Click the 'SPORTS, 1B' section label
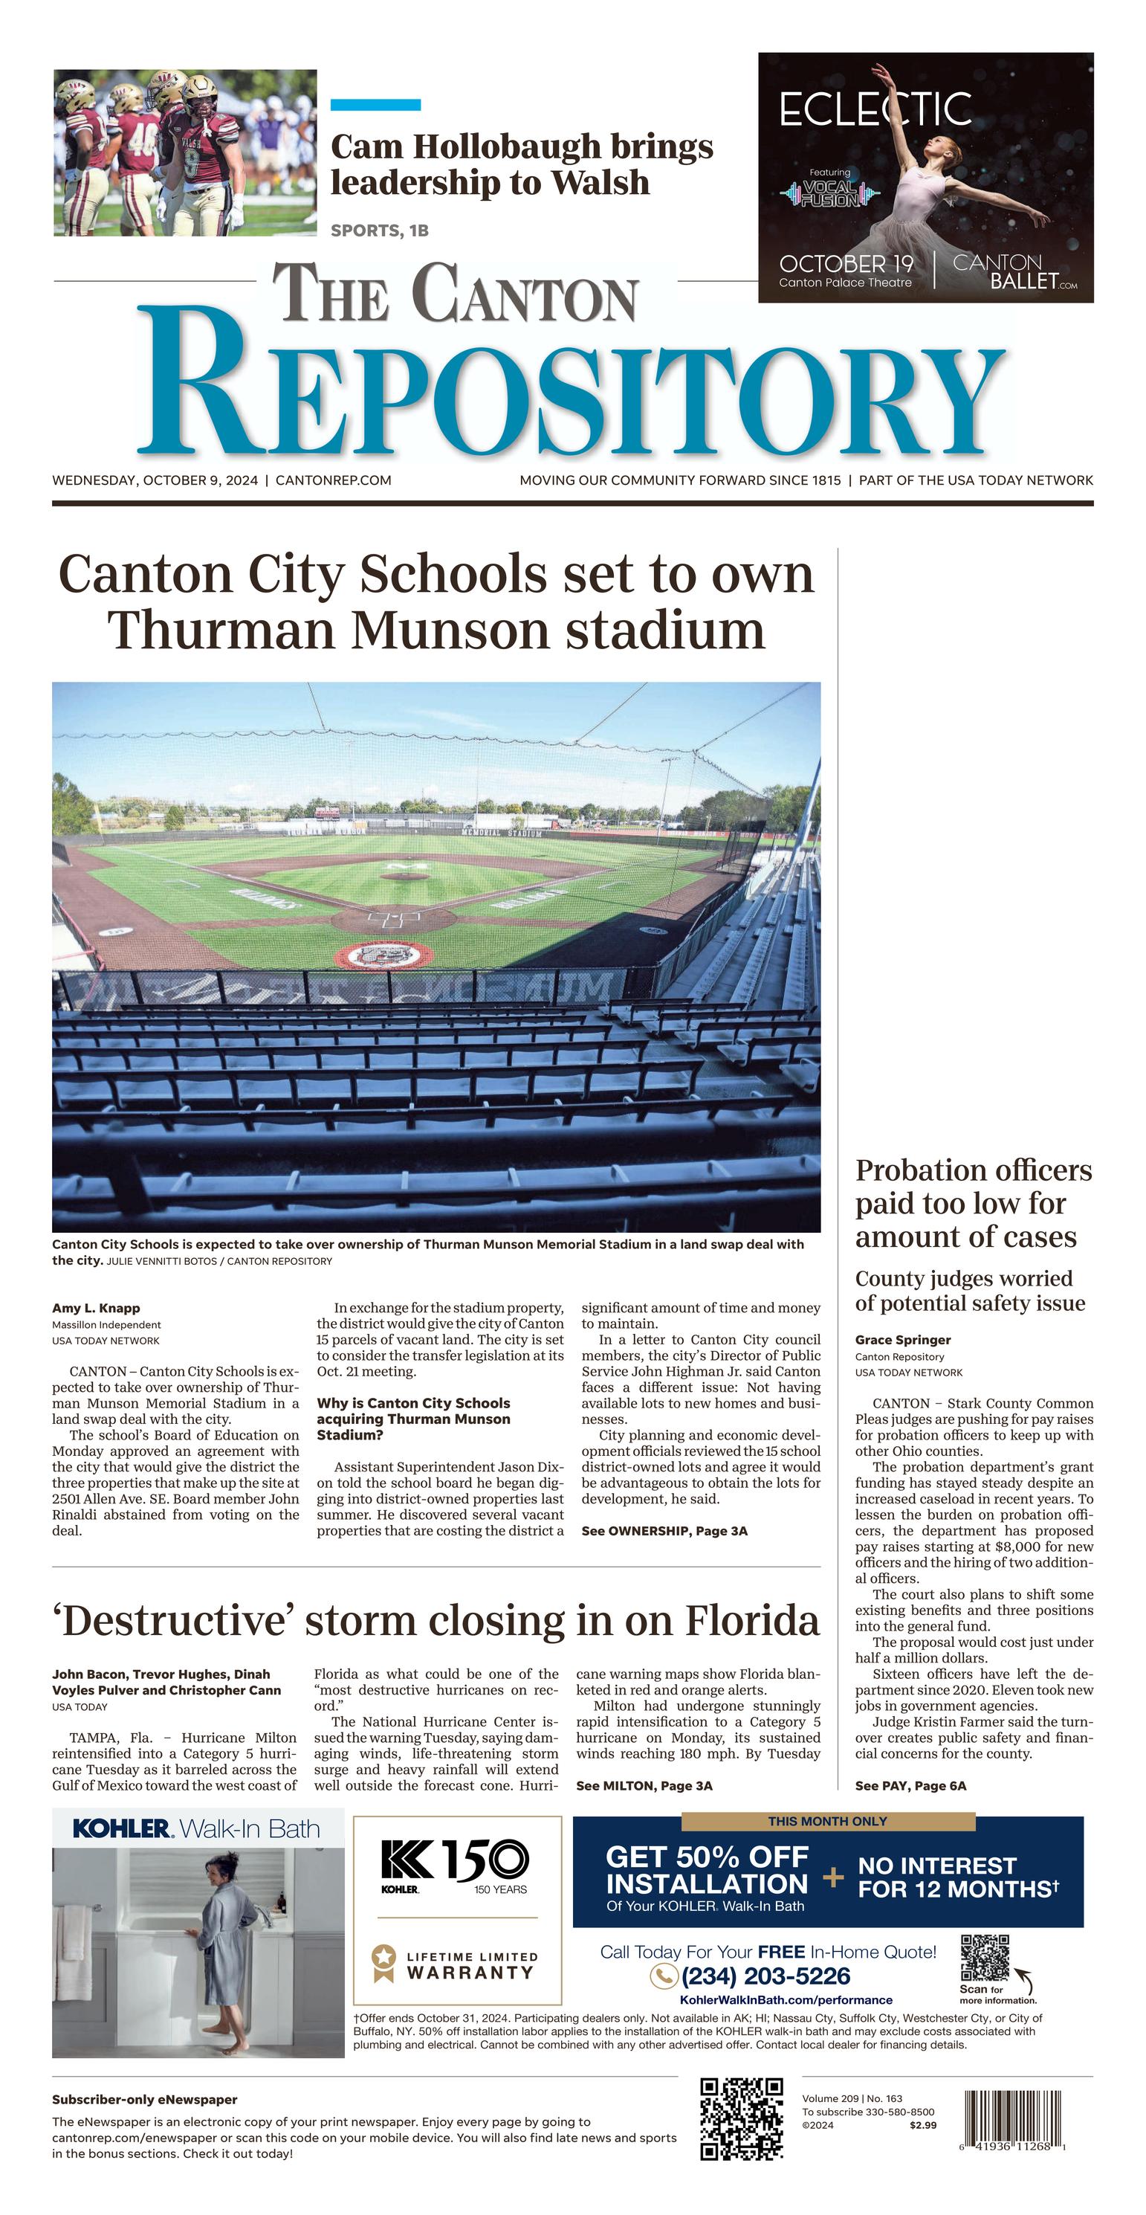click(379, 230)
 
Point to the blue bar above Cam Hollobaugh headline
click(376, 105)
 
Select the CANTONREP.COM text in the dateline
click(334, 480)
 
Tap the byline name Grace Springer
click(903, 1340)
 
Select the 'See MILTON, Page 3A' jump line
click(644, 1786)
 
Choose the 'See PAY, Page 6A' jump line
click(910, 1786)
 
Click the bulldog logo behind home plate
click(385, 955)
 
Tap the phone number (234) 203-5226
click(765, 1977)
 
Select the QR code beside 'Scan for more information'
click(985, 1958)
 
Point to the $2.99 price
click(922, 2126)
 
